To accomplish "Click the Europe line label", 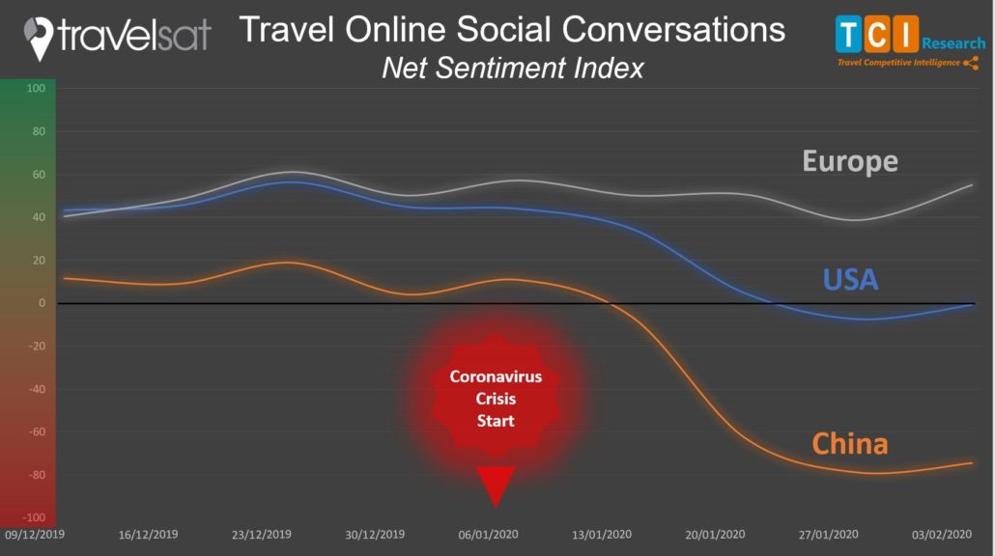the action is click(x=850, y=161).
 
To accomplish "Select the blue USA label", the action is click(x=850, y=280).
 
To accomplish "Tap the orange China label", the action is click(x=850, y=444).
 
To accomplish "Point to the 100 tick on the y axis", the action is click(x=36, y=88).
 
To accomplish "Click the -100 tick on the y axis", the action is click(x=34, y=517).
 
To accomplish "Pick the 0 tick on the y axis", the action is click(x=42, y=303).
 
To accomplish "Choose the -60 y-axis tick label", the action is click(x=37, y=431).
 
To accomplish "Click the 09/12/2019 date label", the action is click(x=34, y=535).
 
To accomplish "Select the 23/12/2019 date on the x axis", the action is click(x=262, y=535).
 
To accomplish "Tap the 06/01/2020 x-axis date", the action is click(x=488, y=535).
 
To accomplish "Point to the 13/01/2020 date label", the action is click(x=602, y=535).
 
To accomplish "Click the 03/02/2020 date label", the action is click(x=942, y=535).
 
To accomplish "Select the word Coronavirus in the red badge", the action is click(x=496, y=376).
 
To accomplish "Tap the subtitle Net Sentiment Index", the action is click(x=513, y=68).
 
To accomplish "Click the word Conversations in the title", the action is click(x=673, y=29).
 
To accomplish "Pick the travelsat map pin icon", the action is click(x=38, y=39).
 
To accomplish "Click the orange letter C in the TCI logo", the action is click(x=877, y=34).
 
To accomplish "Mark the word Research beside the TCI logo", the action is click(x=953, y=43).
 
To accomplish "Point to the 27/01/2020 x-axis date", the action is click(x=828, y=535).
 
